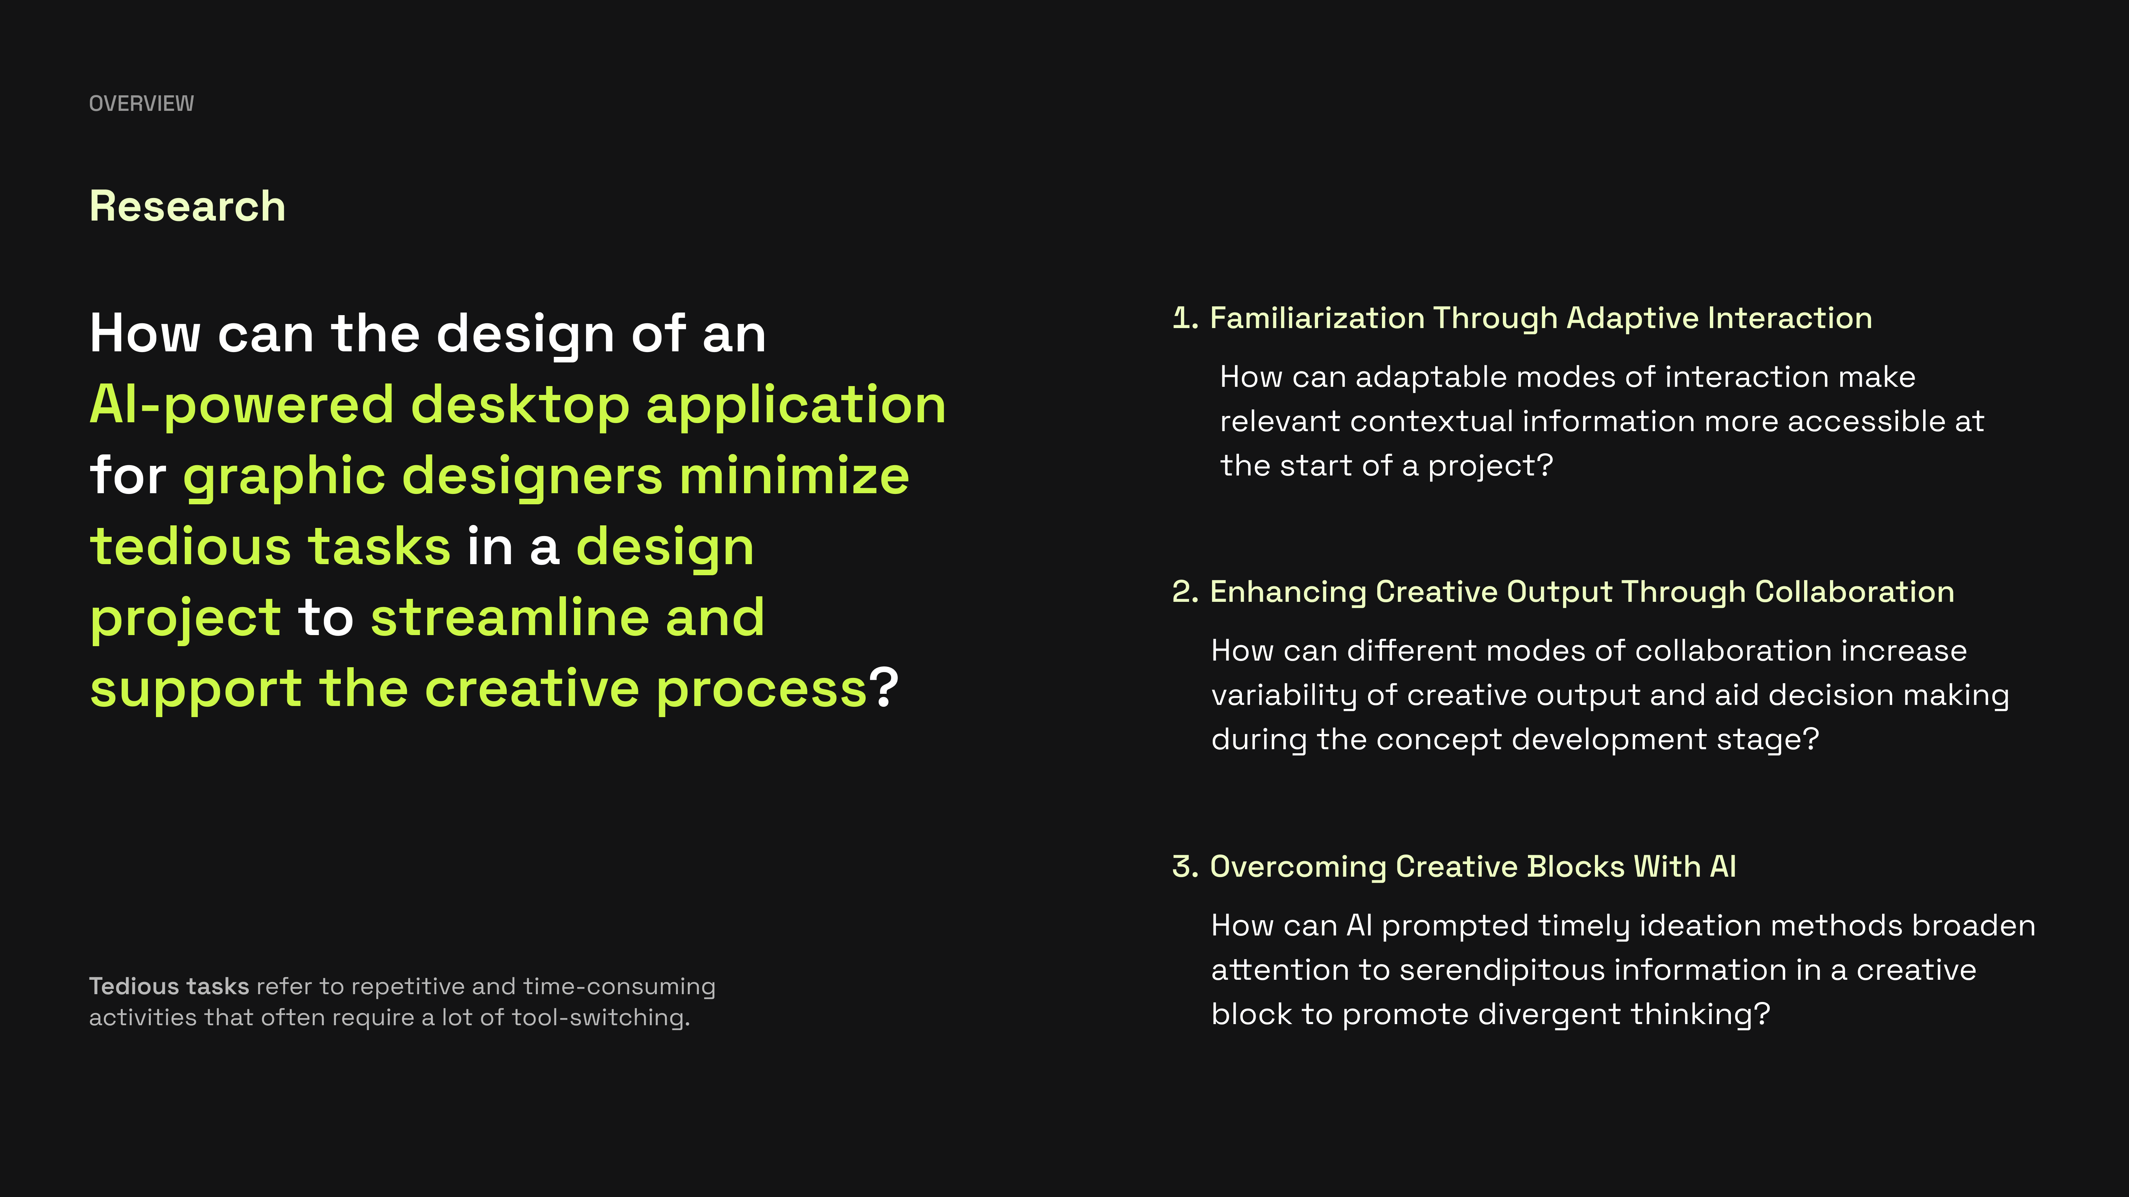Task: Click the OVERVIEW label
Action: (141, 103)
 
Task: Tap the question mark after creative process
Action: (883, 687)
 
